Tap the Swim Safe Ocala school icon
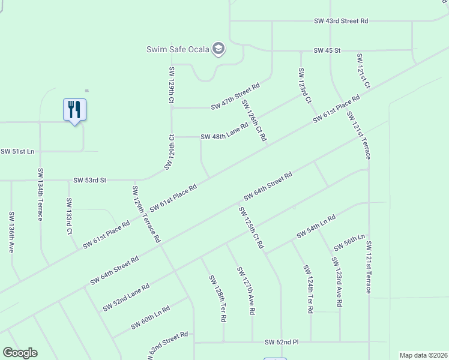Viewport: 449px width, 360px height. [219, 49]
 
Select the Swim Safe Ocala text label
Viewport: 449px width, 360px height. [178, 49]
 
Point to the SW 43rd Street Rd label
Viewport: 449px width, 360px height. [341, 20]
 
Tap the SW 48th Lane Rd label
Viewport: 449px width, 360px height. [224, 132]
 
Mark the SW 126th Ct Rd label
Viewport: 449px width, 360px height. [254, 120]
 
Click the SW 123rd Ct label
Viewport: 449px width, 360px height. [304, 85]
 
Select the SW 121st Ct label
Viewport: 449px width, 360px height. [363, 71]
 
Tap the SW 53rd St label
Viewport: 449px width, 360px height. [89, 180]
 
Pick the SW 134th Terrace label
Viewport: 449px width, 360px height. [40, 194]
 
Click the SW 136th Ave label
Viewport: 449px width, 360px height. [11, 231]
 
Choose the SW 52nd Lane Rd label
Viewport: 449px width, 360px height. [126, 297]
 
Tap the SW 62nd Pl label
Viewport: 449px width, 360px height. [282, 342]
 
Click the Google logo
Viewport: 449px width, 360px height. [20, 353]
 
